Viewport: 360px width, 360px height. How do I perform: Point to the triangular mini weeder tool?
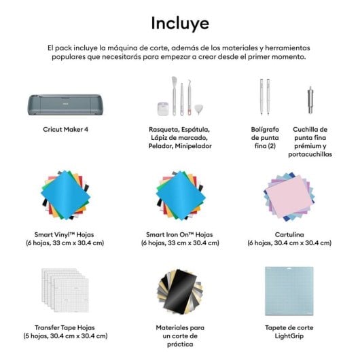200,109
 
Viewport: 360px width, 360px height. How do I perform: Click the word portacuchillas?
310,154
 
